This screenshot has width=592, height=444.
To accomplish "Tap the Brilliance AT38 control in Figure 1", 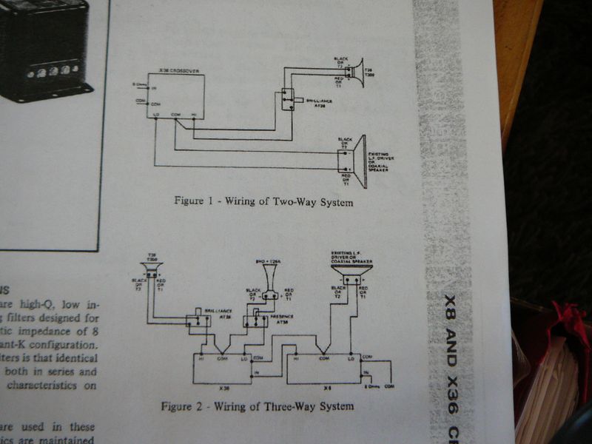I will coord(285,98).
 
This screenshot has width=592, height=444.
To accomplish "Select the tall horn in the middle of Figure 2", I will coord(269,278).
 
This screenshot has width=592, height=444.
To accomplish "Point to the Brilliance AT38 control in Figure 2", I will coord(198,319).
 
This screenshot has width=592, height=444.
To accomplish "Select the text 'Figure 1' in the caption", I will coord(192,201).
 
